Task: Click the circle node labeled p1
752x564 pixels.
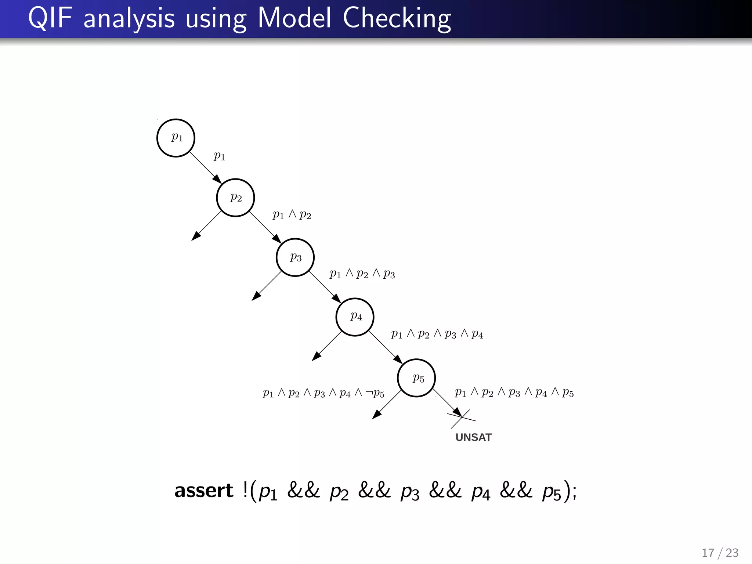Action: pos(176,138)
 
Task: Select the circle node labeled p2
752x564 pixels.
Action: pos(235,198)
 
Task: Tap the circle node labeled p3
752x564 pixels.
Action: pos(295,257)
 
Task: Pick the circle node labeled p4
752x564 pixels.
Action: pos(355,317)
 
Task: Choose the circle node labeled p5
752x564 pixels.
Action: pos(416,378)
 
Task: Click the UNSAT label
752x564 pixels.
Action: pos(473,437)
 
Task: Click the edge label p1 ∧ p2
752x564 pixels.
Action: pos(292,215)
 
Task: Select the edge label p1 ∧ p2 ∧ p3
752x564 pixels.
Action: pos(362,274)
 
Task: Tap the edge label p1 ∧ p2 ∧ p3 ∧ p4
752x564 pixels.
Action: pos(437,334)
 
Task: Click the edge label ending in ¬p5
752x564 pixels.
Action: pos(323,393)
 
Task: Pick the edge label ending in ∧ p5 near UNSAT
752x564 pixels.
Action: pos(514,393)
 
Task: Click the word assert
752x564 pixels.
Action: pos(204,491)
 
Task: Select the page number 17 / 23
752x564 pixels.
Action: pos(720,553)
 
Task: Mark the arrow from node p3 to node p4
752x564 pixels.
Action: pos(325,287)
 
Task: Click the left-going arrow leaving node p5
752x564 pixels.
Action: pos(387,405)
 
